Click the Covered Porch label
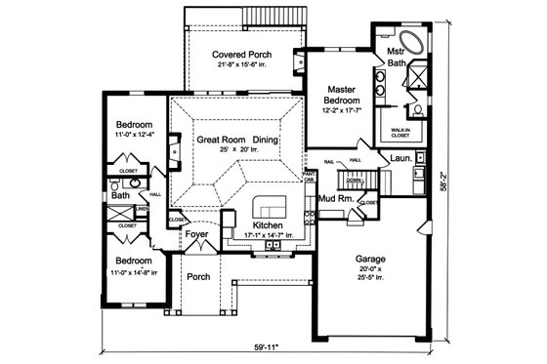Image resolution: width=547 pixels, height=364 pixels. pos(243,54)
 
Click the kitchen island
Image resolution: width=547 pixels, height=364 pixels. pos(268,210)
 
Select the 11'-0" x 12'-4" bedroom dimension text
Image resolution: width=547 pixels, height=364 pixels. pos(133,137)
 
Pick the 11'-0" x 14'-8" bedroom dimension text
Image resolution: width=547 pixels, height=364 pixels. pos(133,272)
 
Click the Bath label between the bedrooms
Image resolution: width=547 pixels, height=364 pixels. pos(119,195)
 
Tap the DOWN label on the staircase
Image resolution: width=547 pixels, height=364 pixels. pos(356,182)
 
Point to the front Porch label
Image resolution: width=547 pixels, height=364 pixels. pos(200,276)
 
